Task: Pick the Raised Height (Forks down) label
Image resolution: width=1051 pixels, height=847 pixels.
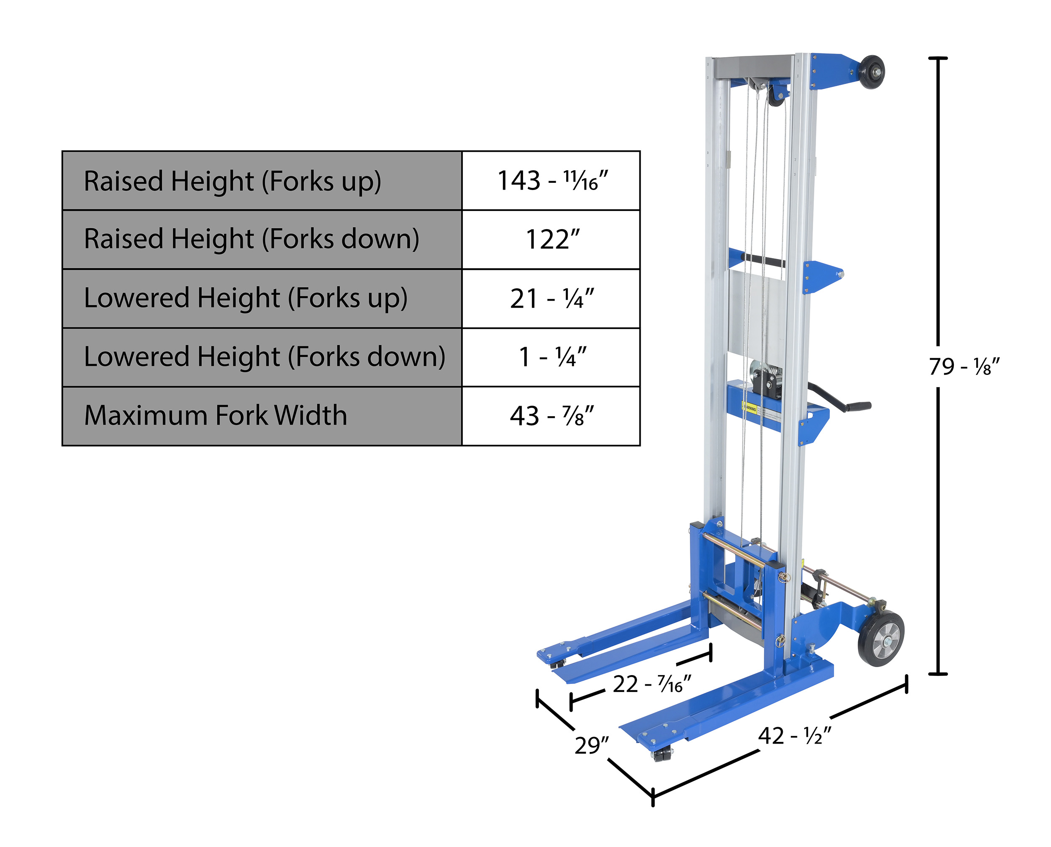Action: coord(251,240)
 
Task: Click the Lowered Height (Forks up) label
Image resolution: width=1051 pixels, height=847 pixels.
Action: coord(246,298)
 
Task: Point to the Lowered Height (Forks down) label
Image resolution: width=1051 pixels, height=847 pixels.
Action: coord(264,356)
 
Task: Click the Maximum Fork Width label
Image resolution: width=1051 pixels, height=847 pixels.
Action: coord(215,416)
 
